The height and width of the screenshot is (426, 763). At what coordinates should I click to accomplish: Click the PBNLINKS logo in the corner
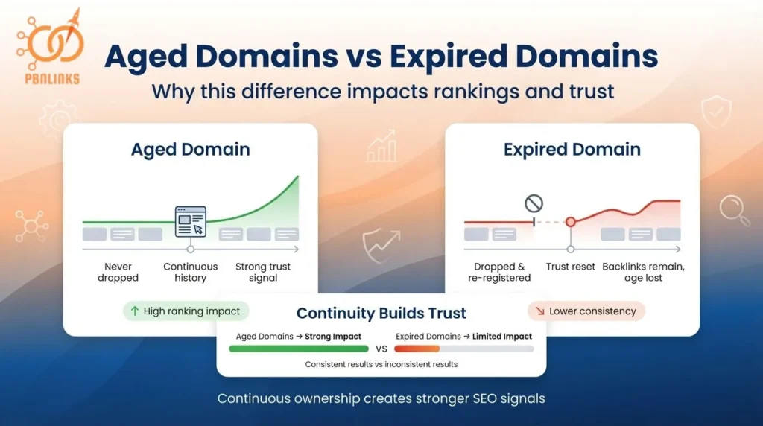click(x=48, y=45)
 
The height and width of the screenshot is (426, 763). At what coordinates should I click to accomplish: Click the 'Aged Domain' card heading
click(x=190, y=149)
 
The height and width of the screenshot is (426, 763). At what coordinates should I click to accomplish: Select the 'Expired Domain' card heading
click(x=572, y=149)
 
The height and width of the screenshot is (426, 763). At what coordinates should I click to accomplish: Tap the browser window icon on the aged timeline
click(x=190, y=221)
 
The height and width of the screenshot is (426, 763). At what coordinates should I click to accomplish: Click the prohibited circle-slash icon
click(x=534, y=203)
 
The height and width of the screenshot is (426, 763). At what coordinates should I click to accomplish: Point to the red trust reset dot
click(x=571, y=222)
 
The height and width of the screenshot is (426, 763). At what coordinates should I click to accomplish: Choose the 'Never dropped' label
click(x=118, y=272)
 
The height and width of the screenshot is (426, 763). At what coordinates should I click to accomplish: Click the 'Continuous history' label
click(x=190, y=272)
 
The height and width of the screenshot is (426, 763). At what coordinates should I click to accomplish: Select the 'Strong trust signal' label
click(x=262, y=272)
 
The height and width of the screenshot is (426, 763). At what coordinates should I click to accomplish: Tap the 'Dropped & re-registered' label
click(x=499, y=272)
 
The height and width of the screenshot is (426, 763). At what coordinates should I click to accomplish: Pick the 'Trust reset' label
click(x=571, y=267)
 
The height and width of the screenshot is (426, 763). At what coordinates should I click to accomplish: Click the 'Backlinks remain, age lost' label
click(x=642, y=272)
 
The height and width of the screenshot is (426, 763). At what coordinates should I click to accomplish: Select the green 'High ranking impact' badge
click(x=186, y=311)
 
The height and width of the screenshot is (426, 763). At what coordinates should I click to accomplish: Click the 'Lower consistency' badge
click(x=586, y=311)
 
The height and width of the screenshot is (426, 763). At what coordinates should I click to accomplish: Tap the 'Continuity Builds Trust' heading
click(x=381, y=314)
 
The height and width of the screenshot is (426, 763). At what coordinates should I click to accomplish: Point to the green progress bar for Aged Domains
click(x=299, y=348)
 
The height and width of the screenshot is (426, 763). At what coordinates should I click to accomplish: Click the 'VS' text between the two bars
click(x=381, y=348)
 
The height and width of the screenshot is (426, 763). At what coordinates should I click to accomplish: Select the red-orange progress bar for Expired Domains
click(x=417, y=348)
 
